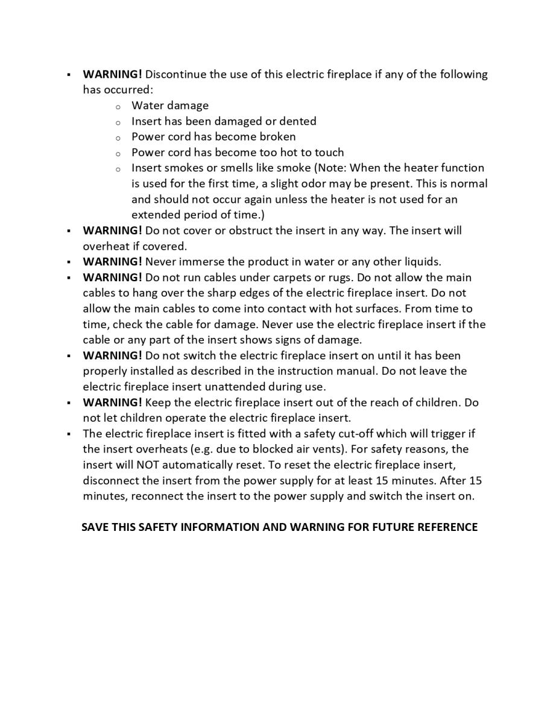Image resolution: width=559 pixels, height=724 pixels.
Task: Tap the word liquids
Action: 420,262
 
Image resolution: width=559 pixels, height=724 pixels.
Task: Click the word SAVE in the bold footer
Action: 95,527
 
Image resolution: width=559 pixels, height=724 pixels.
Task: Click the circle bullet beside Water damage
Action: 118,106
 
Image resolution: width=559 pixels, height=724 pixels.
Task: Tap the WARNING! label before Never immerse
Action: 112,262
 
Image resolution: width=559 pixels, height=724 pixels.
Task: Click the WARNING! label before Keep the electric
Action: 112,402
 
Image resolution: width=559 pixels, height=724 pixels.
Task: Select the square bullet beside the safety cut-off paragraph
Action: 69,434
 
